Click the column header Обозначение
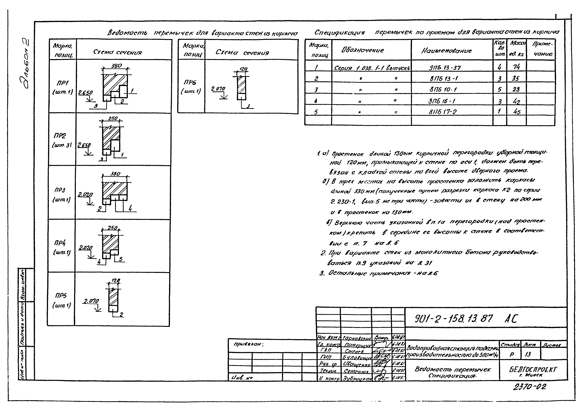click(x=363, y=50)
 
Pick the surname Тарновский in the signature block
click(x=357, y=338)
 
